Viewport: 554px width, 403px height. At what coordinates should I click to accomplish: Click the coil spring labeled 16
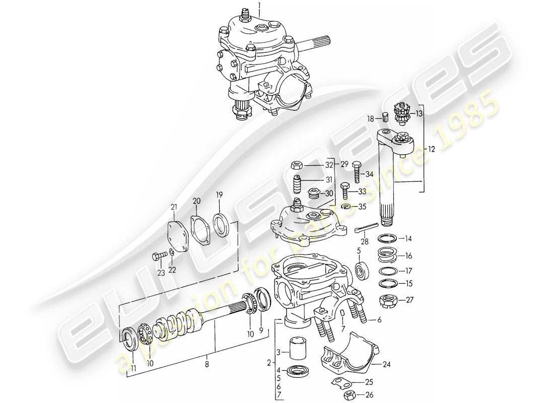pos(389,255)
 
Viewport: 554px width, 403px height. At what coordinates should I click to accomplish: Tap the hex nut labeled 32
pos(297,165)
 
